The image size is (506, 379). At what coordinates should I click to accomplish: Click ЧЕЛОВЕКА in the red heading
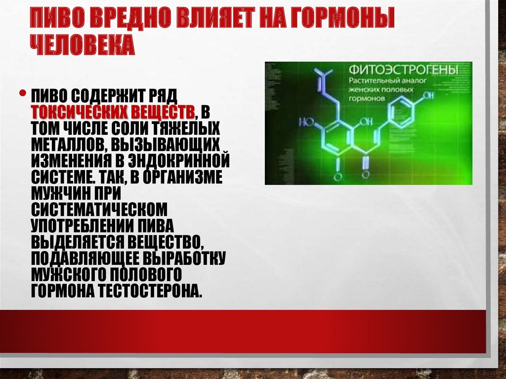83,45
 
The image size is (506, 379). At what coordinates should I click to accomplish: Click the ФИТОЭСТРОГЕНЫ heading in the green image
404,69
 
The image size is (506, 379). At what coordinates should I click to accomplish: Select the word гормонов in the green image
367,98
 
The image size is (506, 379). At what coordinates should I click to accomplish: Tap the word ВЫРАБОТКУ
184,258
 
